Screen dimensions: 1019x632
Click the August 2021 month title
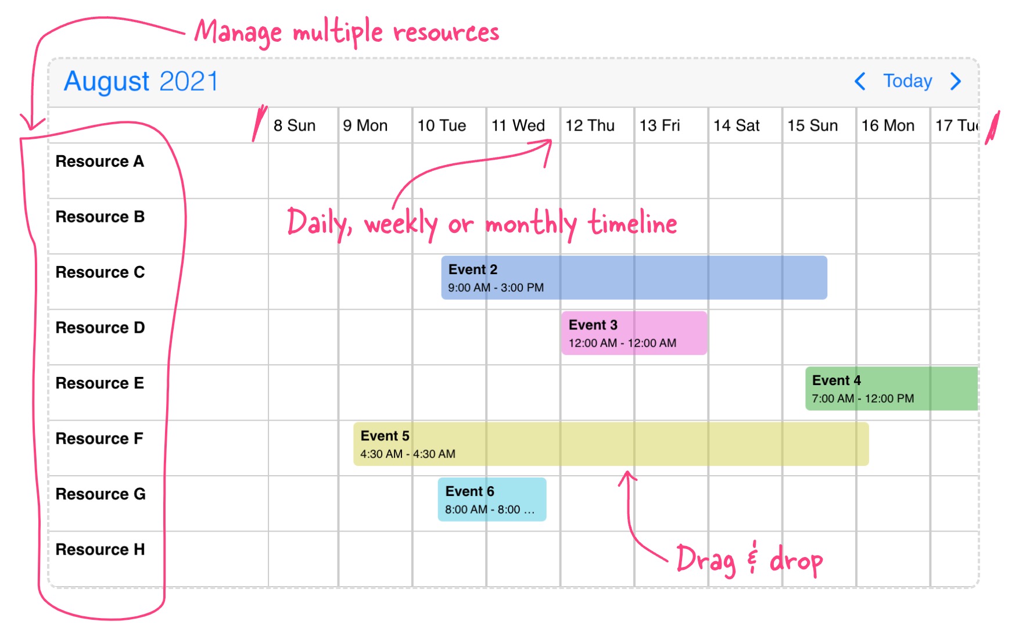(141, 81)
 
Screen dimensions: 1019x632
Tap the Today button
(907, 81)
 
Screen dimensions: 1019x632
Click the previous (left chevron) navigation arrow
(860, 81)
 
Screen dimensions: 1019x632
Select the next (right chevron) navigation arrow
(956, 81)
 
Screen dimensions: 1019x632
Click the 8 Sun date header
(295, 125)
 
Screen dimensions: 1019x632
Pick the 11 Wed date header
(518, 125)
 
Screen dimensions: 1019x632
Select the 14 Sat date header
(737, 125)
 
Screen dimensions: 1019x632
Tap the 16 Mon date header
(888, 125)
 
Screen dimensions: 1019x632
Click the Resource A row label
(100, 161)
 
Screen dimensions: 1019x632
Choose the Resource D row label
(100, 328)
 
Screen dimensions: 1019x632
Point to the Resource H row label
(100, 550)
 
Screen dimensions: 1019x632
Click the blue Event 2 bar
(634, 278)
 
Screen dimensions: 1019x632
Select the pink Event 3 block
(634, 333)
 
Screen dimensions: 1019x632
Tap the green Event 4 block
(892, 389)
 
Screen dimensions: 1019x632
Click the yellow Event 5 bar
(611, 444)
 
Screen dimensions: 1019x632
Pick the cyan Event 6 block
(492, 500)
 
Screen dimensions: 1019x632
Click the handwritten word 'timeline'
(633, 222)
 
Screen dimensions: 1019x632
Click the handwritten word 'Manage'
(238, 33)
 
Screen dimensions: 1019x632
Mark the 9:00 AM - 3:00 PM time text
(496, 288)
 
